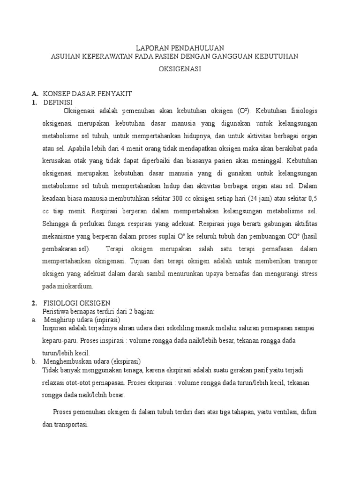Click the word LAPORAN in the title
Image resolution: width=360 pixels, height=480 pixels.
150,48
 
